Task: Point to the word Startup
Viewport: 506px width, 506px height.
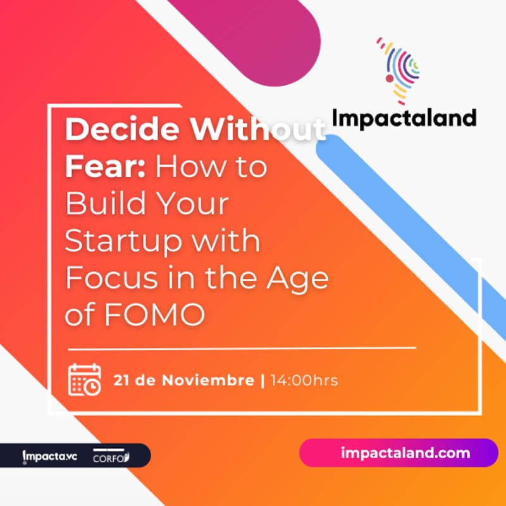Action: tap(127, 242)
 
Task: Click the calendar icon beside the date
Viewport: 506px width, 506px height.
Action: tap(84, 379)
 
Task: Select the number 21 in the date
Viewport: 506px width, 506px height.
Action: tap(121, 381)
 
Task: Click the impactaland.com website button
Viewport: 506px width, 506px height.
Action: tap(398, 453)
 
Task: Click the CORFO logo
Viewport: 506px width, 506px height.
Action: tap(111, 456)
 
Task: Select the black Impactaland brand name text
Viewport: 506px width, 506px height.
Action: tap(404, 118)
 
